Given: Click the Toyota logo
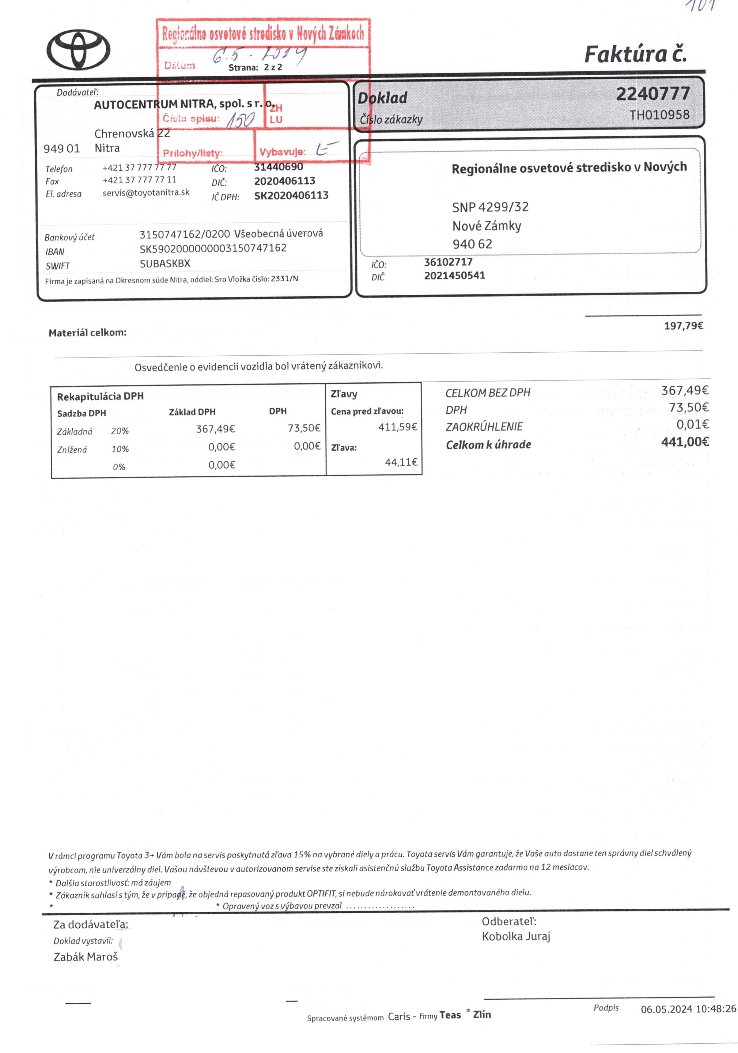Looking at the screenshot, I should [78, 50].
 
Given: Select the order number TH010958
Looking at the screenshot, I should [659, 115].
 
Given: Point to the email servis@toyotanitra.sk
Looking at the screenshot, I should [146, 193].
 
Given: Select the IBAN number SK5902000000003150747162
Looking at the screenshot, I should [213, 248].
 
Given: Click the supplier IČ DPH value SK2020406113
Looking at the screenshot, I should [291, 195].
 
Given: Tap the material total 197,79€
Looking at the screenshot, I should [683, 326].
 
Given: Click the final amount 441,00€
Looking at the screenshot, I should [685, 442].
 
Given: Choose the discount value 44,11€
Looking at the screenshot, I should [401, 462].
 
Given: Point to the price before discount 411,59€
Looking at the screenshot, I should [397, 427].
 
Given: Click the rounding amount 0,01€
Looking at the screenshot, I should [692, 424].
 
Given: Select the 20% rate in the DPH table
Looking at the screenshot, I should [120, 431].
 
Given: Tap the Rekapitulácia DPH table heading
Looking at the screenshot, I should [100, 396].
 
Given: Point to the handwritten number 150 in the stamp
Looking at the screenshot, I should [241, 120].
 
